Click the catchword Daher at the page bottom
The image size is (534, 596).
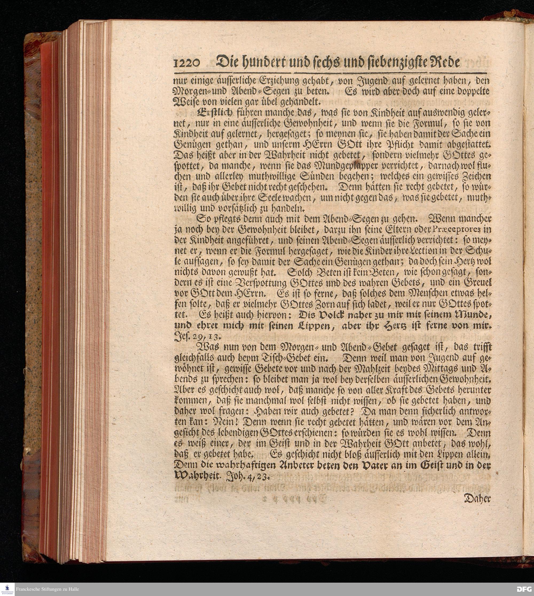point(477,499)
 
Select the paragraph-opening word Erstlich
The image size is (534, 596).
point(215,113)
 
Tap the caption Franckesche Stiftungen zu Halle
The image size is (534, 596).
point(47,589)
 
